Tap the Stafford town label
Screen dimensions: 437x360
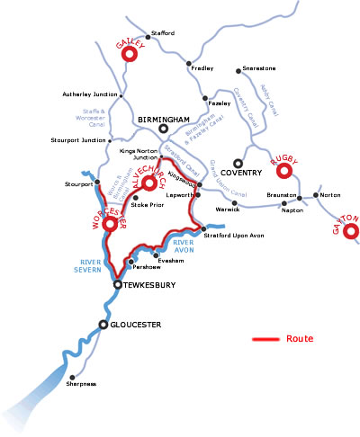[163, 33]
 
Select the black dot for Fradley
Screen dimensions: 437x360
[189, 63]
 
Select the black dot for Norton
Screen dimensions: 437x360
[314, 195]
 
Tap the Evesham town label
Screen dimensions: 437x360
[171, 260]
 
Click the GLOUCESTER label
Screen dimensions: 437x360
[136, 324]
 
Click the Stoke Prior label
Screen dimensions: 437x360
[146, 205]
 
